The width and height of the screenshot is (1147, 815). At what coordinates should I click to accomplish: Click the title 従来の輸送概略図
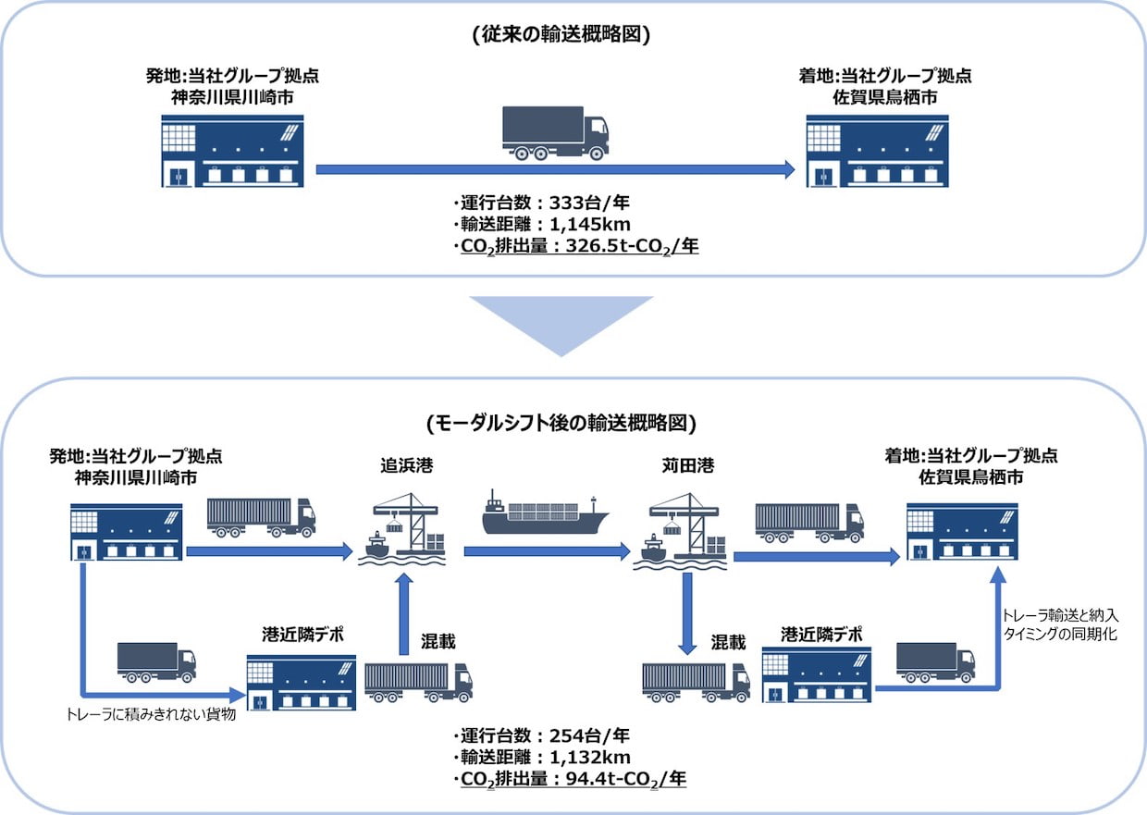(561, 34)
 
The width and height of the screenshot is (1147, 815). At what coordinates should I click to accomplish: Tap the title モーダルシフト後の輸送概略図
(561, 423)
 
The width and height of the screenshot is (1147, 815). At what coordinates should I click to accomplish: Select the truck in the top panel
(556, 133)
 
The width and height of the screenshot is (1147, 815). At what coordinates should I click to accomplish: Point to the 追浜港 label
(407, 465)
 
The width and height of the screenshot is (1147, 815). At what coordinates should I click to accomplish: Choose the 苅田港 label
(687, 465)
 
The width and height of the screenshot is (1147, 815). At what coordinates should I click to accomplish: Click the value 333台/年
(589, 203)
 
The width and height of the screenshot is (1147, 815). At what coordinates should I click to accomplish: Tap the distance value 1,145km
(590, 225)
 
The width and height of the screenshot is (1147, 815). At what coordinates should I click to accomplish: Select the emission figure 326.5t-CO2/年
(632, 246)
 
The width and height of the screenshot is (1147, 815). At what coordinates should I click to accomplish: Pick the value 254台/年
(589, 735)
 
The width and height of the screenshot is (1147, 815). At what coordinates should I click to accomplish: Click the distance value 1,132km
(590, 757)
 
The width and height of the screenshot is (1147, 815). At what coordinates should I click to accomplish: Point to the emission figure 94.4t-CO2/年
(625, 779)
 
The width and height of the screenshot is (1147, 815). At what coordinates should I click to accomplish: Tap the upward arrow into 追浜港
(404, 613)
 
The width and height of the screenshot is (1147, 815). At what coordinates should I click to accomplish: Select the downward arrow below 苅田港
(687, 613)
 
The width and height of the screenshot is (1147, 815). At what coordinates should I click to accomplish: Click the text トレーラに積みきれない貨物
(151, 714)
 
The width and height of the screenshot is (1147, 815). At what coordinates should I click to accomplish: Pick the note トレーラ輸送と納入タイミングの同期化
(1060, 624)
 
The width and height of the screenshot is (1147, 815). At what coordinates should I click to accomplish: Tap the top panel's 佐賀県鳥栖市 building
(877, 151)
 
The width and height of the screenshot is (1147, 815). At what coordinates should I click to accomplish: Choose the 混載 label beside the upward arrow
(438, 641)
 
